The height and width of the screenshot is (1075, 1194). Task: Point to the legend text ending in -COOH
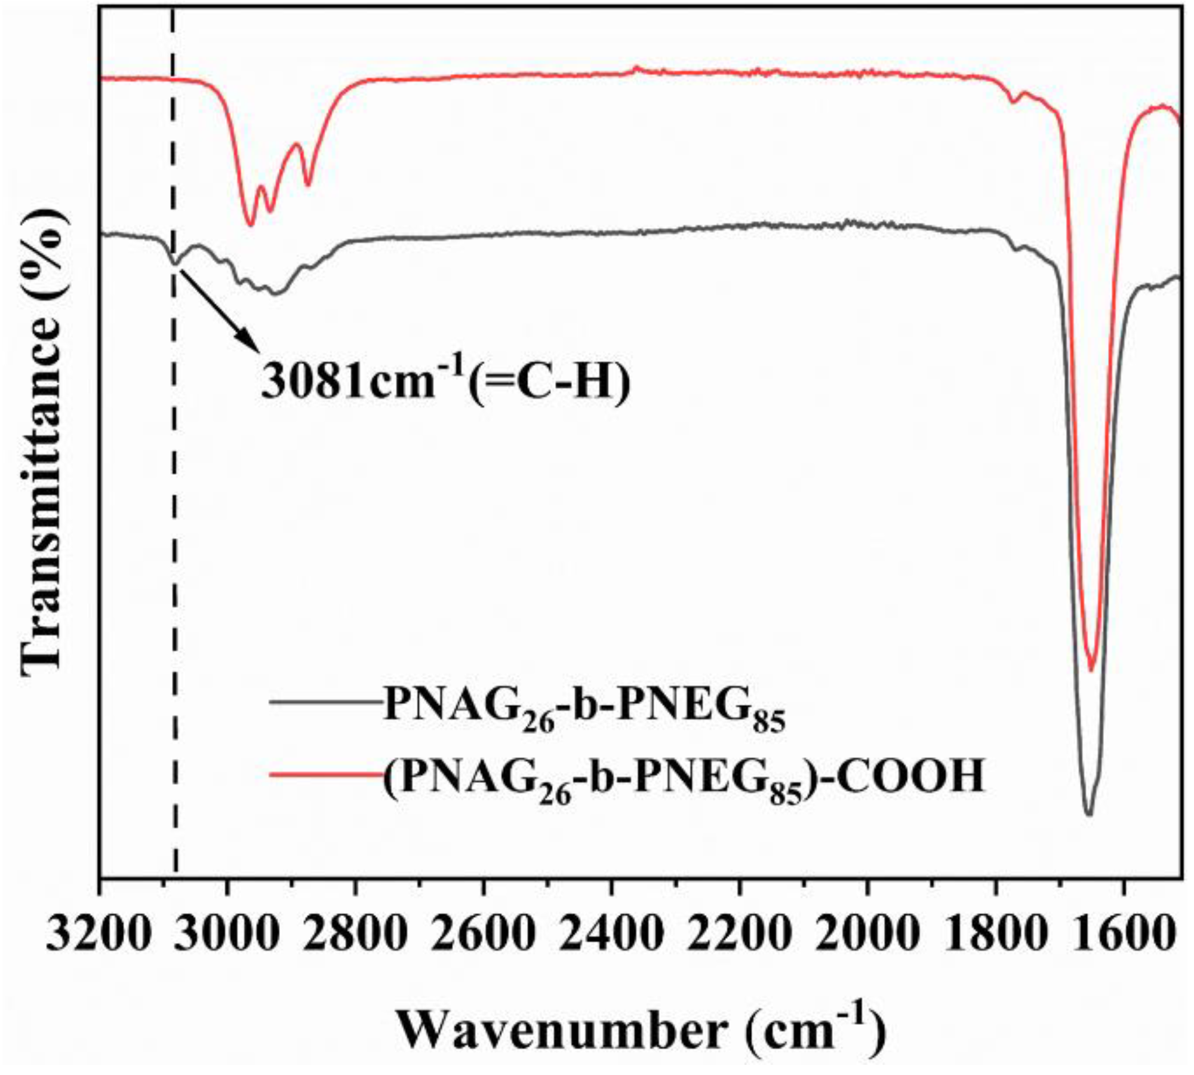(x=684, y=776)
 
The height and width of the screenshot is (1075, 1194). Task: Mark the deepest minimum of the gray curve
(x=1088, y=814)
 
